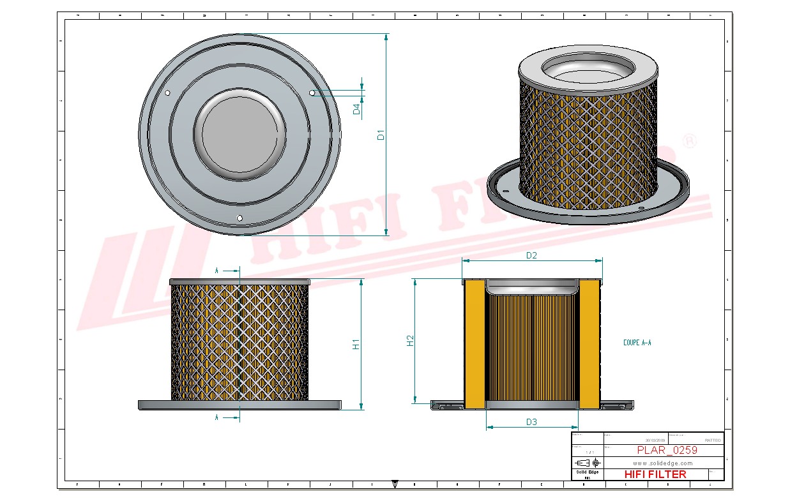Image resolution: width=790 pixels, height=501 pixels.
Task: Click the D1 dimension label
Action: (381, 135)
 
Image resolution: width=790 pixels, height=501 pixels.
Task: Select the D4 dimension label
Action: (357, 109)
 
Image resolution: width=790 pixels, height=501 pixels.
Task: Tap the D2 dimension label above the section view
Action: (531, 255)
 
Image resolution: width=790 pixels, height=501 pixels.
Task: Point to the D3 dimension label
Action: (531, 422)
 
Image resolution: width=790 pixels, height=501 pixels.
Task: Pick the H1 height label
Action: (356, 344)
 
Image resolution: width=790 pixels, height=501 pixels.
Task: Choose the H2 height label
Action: (411, 341)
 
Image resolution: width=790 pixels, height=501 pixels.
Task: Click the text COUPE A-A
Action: (637, 343)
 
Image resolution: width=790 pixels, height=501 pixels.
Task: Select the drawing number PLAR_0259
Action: (667, 450)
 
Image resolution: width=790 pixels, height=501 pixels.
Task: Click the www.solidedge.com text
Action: (663, 463)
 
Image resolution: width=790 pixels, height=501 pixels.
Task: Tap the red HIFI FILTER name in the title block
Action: (655, 474)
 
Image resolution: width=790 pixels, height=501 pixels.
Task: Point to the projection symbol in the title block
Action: (588, 463)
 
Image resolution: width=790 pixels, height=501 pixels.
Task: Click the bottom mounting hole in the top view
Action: (239, 218)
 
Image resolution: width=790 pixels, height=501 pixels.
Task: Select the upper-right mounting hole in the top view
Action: (312, 93)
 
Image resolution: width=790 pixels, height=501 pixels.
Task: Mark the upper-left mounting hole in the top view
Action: (167, 93)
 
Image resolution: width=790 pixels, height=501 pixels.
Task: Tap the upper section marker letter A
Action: (217, 271)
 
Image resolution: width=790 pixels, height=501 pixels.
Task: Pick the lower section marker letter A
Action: (217, 417)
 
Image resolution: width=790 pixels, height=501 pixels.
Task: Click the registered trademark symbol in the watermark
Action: (689, 142)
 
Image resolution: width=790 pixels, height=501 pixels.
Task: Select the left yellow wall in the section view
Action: (475, 345)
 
